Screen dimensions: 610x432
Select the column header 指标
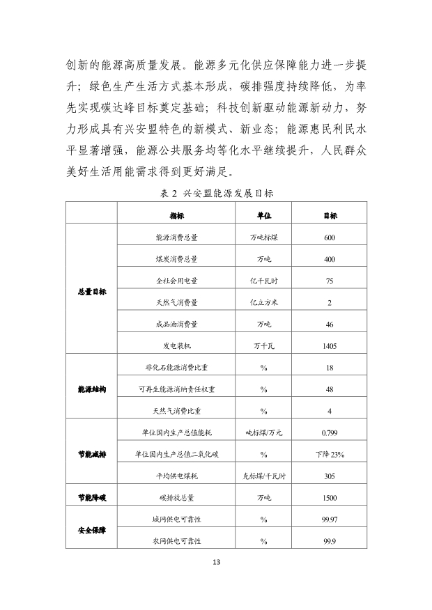click(176, 216)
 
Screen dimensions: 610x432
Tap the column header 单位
click(264, 216)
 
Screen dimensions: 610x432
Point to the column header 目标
click(330, 216)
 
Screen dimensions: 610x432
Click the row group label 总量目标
click(92, 292)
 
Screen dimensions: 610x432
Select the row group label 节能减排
click(92, 454)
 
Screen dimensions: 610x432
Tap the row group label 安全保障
click(92, 530)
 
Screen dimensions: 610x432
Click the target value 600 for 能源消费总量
click(330, 237)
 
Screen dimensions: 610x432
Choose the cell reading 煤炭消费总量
click(176, 259)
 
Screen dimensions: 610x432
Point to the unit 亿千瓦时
click(264, 281)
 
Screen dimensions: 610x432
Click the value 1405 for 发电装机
click(330, 345)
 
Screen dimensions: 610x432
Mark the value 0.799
click(330, 432)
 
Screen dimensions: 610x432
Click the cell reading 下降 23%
click(330, 454)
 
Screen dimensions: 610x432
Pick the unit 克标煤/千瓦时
click(264, 476)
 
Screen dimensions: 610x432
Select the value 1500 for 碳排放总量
click(330, 498)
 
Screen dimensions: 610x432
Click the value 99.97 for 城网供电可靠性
click(330, 519)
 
